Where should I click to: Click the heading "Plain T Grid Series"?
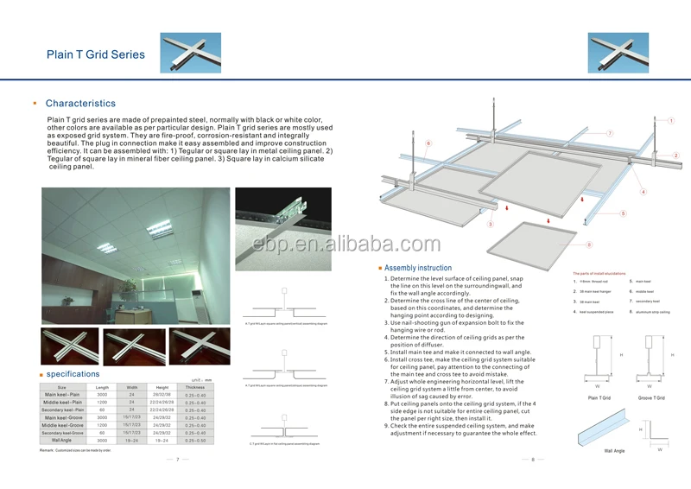point(95,55)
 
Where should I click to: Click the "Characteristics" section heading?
point(80,104)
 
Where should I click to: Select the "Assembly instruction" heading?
point(418,269)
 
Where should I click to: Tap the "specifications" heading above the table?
point(73,374)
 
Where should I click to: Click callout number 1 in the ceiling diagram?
point(609,133)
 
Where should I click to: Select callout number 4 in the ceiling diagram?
point(643,190)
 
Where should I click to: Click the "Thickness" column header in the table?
point(195,387)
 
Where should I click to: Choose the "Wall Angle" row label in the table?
point(61,441)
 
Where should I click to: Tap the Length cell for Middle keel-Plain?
point(102,402)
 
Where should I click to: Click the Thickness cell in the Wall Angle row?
point(195,441)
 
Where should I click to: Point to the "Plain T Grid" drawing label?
point(599,398)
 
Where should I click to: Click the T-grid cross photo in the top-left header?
point(184,54)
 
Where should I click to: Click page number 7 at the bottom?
point(177,460)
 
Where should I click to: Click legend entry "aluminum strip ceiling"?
point(654,312)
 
